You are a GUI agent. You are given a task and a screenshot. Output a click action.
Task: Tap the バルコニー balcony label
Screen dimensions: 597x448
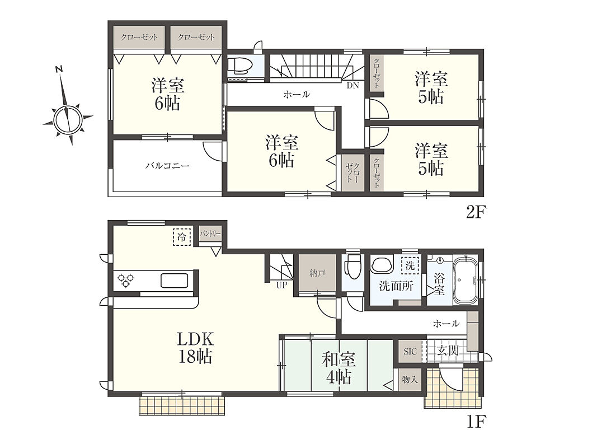coord(167,166)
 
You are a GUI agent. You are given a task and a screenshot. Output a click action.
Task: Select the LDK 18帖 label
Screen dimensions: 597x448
coord(195,347)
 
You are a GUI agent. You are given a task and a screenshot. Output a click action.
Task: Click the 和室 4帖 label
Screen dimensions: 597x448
coord(339,368)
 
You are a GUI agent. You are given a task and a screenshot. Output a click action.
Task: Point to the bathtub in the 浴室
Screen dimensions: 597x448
coord(464,280)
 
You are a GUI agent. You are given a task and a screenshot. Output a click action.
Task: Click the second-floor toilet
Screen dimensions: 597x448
coord(241,65)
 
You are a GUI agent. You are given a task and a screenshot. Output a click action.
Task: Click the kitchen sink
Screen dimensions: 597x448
coord(175,281)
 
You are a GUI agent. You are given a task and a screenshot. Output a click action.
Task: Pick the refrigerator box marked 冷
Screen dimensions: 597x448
coord(182,237)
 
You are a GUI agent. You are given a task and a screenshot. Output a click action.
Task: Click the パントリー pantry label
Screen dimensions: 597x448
coord(210,233)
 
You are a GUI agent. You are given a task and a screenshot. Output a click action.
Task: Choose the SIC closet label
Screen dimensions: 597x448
coord(410,352)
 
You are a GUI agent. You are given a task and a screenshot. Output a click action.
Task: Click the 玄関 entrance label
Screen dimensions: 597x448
coord(448,350)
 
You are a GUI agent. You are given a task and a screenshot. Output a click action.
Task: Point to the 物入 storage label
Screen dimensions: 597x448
coord(410,380)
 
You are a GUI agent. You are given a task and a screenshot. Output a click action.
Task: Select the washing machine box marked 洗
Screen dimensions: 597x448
coord(410,265)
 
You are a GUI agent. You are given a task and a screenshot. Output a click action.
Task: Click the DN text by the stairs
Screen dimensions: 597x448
coord(352,86)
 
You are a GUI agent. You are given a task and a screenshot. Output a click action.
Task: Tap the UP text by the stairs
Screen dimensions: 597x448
coord(281,285)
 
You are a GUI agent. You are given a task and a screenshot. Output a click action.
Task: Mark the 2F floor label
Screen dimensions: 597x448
coord(475,212)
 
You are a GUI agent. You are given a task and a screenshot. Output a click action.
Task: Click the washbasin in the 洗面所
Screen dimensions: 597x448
coord(382,265)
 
